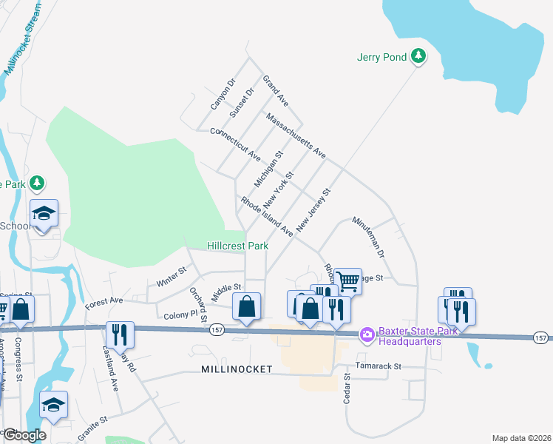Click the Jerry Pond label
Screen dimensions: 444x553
pyautogui.click(x=381, y=57)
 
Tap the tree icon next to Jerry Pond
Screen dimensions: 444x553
pyautogui.click(x=418, y=55)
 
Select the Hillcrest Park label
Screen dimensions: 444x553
pyautogui.click(x=237, y=246)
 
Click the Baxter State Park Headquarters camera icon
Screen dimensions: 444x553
pyautogui.click(x=367, y=336)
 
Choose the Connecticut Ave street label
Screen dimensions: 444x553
pyautogui.click(x=236, y=144)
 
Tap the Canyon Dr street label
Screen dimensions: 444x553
pyautogui.click(x=222, y=94)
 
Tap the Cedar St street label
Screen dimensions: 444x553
pyautogui.click(x=346, y=388)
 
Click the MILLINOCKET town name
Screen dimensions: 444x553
pyautogui.click(x=235, y=369)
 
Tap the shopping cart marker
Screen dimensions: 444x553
pyautogui.click(x=347, y=280)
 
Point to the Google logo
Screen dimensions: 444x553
pyautogui.click(x=24, y=435)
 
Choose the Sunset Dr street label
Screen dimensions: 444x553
pyautogui.click(x=241, y=103)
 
